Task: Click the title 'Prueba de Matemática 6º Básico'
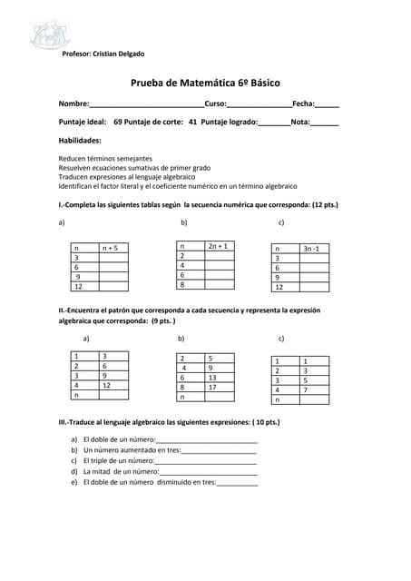(205, 83)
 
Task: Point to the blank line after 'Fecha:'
(328, 105)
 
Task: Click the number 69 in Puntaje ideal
(119, 121)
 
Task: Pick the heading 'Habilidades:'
(80, 141)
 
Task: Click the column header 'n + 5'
(110, 247)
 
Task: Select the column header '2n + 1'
(218, 245)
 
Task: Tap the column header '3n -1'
(311, 248)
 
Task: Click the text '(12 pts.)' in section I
(321, 205)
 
